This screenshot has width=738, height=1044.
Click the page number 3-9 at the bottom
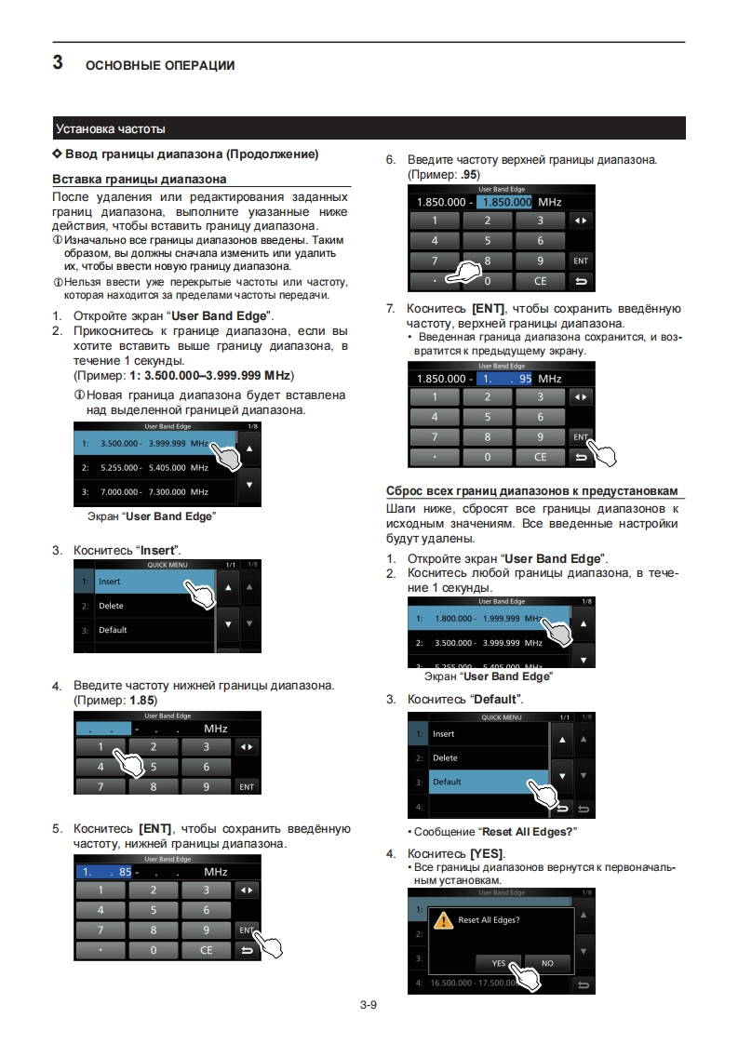(368, 1005)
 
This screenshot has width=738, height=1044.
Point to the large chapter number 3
(58, 63)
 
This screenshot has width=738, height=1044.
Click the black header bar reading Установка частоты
(369, 128)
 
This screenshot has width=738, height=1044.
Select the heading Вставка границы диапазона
(139, 179)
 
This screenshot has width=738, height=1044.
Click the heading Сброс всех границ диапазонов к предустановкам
(531, 490)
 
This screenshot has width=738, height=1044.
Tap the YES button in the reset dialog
(499, 963)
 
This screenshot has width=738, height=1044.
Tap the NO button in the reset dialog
(547, 963)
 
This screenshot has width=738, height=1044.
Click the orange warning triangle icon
(445, 920)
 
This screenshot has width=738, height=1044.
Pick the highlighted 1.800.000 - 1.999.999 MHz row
(484, 619)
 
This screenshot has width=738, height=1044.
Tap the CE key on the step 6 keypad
(541, 280)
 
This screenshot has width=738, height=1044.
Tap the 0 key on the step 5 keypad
(152, 950)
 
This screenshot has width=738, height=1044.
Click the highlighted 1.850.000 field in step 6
(505, 202)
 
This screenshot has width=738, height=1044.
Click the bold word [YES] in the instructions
(487, 853)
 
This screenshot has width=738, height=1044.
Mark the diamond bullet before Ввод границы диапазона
(58, 154)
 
